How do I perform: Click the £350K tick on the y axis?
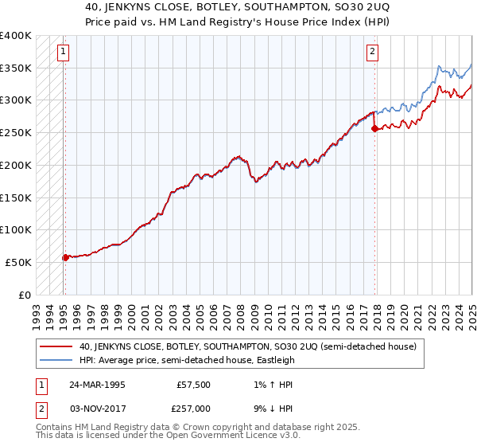pos(16,68)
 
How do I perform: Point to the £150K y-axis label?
pos(16,198)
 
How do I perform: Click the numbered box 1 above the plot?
pos(63,53)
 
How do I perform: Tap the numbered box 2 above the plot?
pos(371,53)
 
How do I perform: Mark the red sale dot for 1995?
pos(65,257)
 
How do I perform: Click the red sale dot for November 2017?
pos(374,129)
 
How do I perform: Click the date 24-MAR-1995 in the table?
pos(97,385)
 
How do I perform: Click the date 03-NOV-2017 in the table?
pos(97,408)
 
